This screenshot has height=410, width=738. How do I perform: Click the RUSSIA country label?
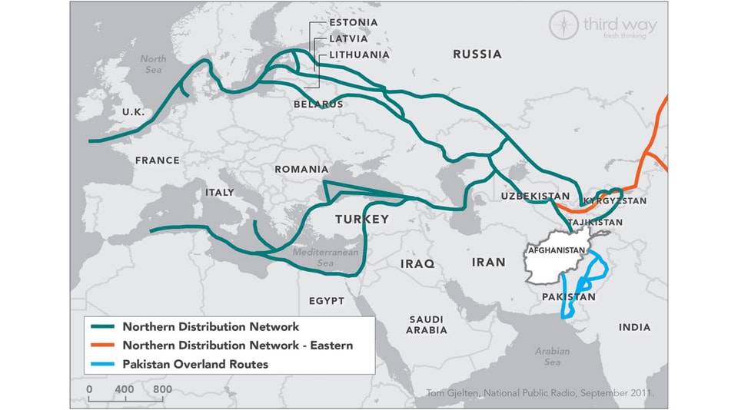[x=477, y=55]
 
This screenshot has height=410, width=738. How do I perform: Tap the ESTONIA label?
[x=353, y=23]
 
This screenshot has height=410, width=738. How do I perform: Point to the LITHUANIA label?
[x=359, y=55]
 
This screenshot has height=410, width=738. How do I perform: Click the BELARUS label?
[x=318, y=104]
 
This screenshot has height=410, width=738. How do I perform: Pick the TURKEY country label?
[x=361, y=220]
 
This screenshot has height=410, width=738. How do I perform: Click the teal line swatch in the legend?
[x=101, y=327]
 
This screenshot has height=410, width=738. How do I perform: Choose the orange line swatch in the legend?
[x=101, y=346]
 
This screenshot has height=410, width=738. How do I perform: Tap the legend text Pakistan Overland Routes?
[x=195, y=364]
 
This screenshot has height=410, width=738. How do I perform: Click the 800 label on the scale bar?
[x=161, y=389]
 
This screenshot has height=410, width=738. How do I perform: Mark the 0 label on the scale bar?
[x=89, y=389]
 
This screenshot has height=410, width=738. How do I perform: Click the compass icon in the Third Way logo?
[x=563, y=25]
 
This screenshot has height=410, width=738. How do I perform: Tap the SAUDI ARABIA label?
[x=427, y=324]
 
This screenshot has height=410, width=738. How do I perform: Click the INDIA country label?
[x=634, y=328]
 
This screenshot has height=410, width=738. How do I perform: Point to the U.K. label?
[x=133, y=112]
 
